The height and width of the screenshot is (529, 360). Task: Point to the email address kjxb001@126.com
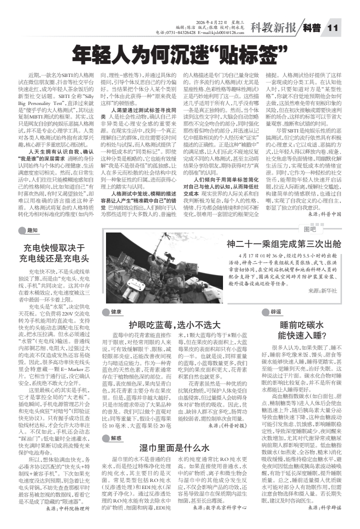[222, 32]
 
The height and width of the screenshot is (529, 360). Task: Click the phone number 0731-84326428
[181, 32]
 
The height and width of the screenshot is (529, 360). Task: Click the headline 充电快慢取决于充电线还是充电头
[54, 253]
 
